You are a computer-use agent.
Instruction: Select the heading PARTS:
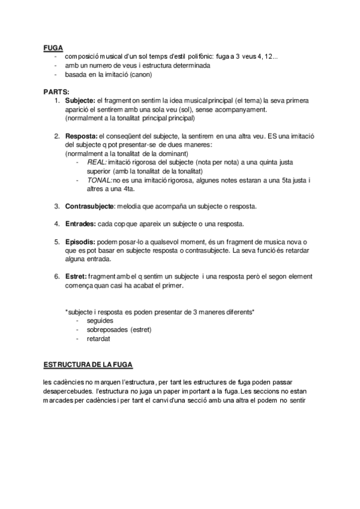coord(55,92)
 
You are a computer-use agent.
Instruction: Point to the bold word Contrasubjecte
coord(88,206)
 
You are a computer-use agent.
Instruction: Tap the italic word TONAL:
coord(100,180)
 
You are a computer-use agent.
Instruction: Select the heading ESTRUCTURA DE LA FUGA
coord(89,364)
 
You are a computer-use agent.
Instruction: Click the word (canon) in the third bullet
coord(139,74)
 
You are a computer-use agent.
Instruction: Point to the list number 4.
coord(57,224)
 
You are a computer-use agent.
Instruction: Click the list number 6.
coord(57,276)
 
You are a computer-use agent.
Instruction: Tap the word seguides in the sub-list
coord(100,321)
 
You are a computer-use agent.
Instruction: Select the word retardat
coord(98,339)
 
